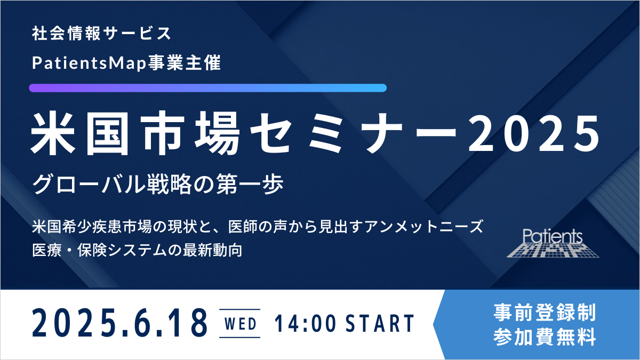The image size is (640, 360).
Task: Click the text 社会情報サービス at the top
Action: point(101,34)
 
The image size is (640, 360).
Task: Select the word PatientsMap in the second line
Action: point(89,63)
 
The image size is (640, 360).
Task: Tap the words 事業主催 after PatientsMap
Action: point(184,62)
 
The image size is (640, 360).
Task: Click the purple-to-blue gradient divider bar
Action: point(207,87)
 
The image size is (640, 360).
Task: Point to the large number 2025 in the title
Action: point(534,133)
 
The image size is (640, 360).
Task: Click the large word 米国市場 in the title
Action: point(135,133)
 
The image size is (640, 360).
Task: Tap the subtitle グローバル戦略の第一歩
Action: point(157,185)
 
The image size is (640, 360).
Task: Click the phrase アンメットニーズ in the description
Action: point(423,227)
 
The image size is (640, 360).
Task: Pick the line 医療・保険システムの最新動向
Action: point(137,250)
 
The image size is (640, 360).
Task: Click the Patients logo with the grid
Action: point(553,243)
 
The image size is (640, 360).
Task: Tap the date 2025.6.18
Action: point(119,323)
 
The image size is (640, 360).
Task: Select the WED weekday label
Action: point(241,324)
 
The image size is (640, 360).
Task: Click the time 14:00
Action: point(305,323)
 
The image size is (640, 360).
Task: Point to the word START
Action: point(380,323)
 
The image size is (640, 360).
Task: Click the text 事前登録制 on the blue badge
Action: point(545,313)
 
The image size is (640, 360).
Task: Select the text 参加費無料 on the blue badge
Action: point(545,337)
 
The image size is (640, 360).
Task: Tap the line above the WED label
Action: point(239,309)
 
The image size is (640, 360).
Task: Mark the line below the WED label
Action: point(239,338)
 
